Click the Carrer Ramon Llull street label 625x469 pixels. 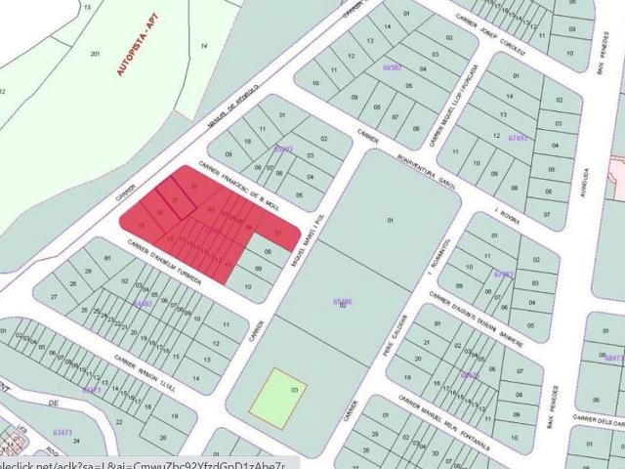(145, 372)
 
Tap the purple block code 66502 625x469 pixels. (394, 67)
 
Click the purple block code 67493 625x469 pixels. (518, 138)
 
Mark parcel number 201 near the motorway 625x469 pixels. (95, 53)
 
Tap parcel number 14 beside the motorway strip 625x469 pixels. (203, 46)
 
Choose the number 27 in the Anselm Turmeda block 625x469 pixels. (54, 296)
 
